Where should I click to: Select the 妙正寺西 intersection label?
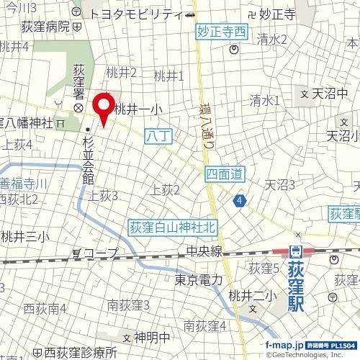click(x=221, y=32)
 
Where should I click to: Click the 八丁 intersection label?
click(x=155, y=134)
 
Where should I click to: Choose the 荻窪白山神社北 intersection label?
click(x=172, y=227)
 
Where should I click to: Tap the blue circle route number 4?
click(x=238, y=200)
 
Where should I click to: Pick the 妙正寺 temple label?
click(x=276, y=14)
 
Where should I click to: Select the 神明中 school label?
click(x=153, y=337)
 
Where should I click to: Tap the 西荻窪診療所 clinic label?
click(x=80, y=353)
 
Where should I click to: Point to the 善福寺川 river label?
click(x=24, y=184)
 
